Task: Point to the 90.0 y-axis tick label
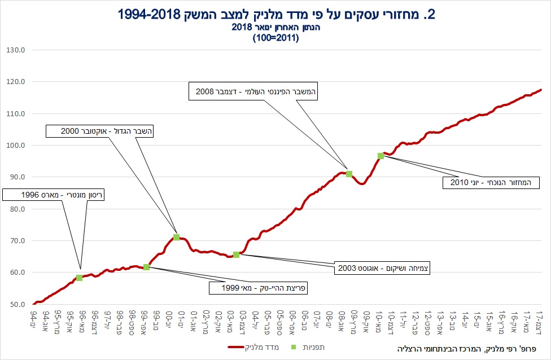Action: click(19, 177)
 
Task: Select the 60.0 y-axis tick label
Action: click(19, 273)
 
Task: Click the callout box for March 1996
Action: click(54, 195)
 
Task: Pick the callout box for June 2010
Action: click(491, 182)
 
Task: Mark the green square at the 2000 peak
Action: click(176, 238)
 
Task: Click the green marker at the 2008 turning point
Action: click(349, 174)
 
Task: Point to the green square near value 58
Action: click(79, 278)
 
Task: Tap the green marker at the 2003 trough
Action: click(236, 254)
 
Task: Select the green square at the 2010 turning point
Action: click(381, 156)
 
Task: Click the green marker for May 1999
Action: click(146, 267)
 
